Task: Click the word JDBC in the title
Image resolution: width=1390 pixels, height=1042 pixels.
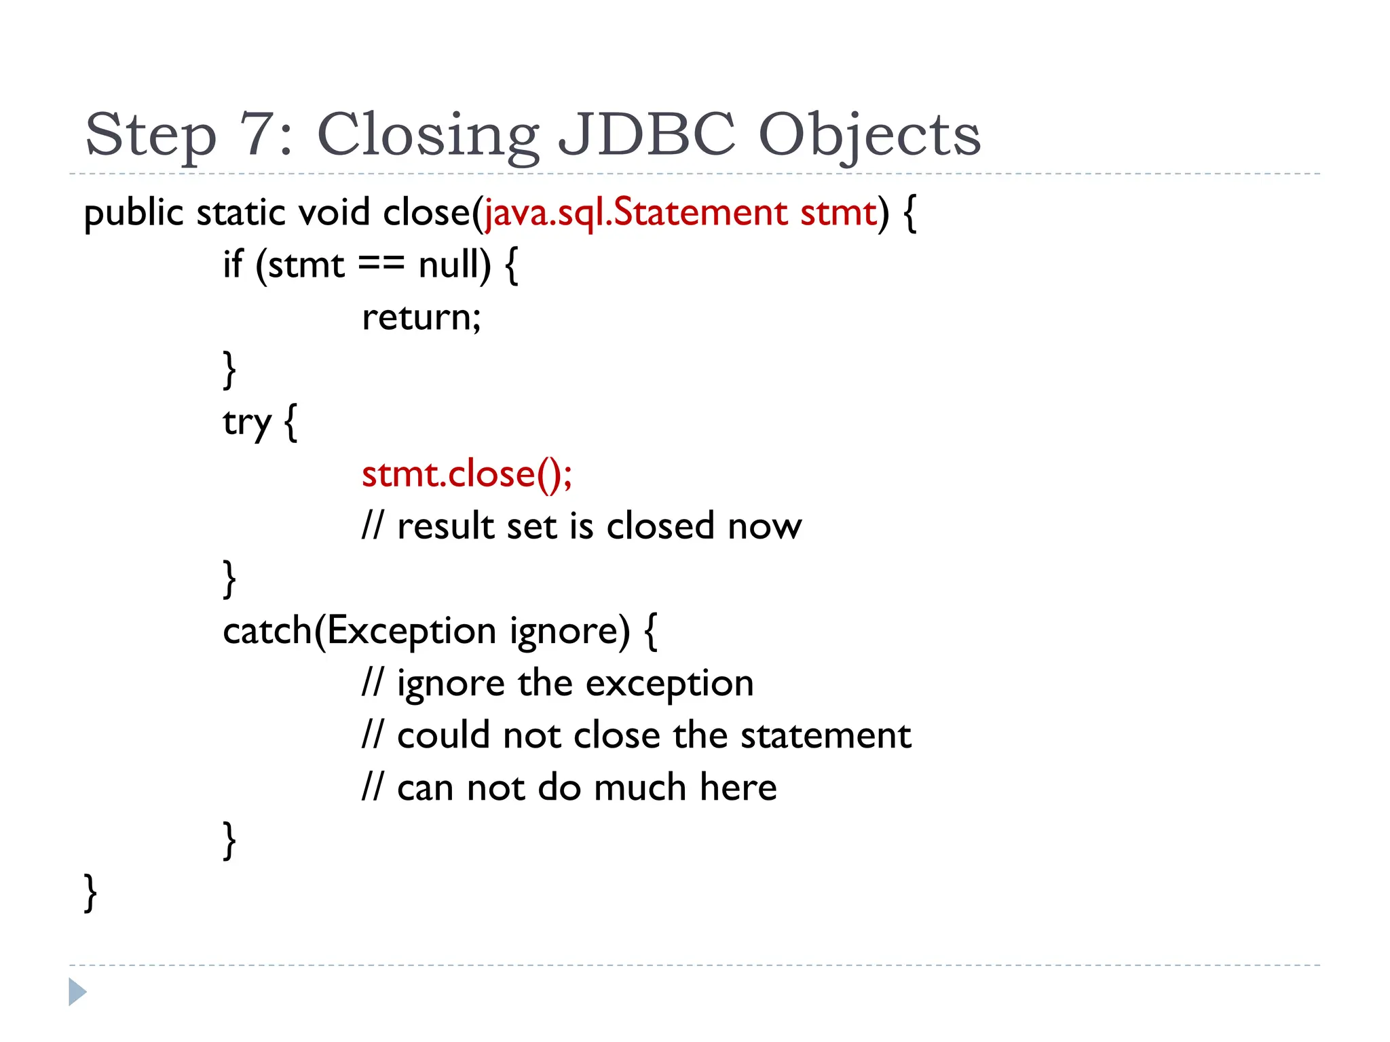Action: (647, 134)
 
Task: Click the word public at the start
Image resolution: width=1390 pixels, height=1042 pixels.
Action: (134, 214)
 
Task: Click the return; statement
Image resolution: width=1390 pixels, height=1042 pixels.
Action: (421, 317)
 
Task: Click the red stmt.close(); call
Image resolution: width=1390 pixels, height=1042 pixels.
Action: (467, 474)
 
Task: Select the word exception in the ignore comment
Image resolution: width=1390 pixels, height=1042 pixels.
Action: (669, 684)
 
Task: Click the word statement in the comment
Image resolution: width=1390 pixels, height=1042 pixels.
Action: (825, 735)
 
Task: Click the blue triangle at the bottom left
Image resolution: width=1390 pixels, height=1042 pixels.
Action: (77, 992)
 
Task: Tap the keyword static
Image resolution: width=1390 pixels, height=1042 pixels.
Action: (241, 212)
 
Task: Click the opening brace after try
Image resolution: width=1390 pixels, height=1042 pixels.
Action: (290, 423)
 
